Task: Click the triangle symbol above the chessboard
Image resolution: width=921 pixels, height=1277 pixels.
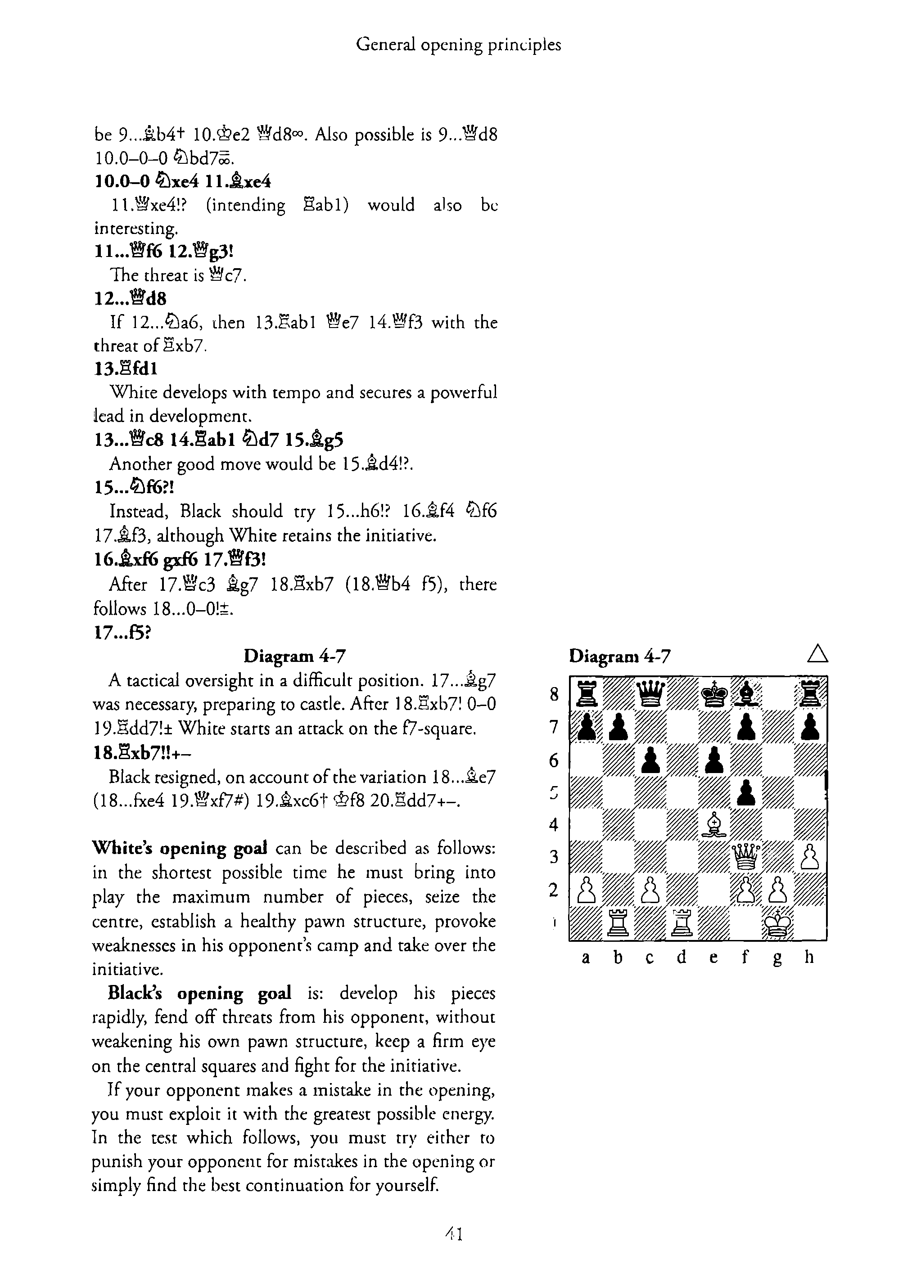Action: (817, 654)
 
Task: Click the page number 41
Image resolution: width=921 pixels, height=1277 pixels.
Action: (454, 1235)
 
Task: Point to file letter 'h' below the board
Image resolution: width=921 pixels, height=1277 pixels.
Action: (809, 957)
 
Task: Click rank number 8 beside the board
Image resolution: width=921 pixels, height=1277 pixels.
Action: (554, 694)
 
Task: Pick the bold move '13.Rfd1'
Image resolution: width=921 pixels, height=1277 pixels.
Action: (126, 369)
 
